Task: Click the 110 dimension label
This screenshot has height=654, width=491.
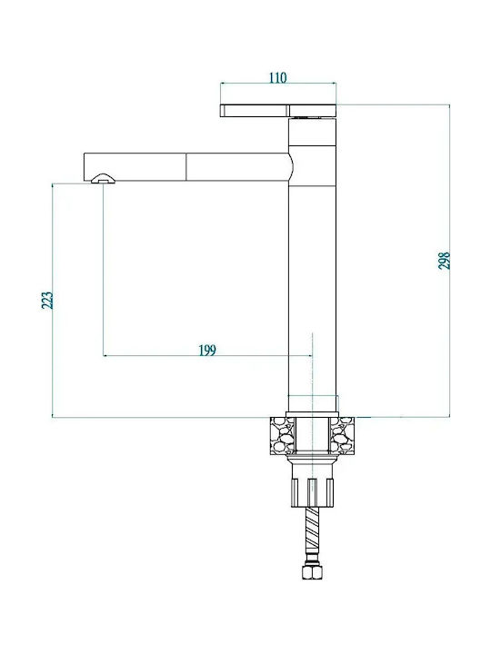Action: point(277,77)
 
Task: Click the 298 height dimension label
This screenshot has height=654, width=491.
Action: point(445,261)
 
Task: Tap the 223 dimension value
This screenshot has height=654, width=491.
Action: point(47,300)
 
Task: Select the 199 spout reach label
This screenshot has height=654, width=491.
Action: point(207,351)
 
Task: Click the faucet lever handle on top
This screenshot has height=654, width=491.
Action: point(278,111)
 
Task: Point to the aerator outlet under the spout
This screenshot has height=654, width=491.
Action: point(103,179)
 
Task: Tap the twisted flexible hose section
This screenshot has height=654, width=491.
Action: point(312,530)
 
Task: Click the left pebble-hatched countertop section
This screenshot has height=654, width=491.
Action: point(283,435)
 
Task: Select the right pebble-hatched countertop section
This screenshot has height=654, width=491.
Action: point(343,435)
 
